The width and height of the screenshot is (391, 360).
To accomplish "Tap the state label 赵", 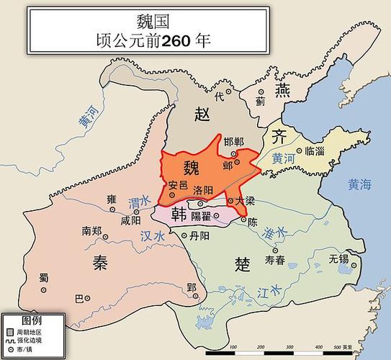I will tap(202, 113).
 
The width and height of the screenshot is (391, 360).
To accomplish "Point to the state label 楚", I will tap(243, 263).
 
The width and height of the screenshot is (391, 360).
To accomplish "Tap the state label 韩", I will tap(179, 215).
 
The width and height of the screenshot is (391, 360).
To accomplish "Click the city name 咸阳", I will tap(132, 221).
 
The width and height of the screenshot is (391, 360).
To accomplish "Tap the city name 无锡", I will tap(338, 257).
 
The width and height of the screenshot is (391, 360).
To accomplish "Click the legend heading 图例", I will tap(31, 318).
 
